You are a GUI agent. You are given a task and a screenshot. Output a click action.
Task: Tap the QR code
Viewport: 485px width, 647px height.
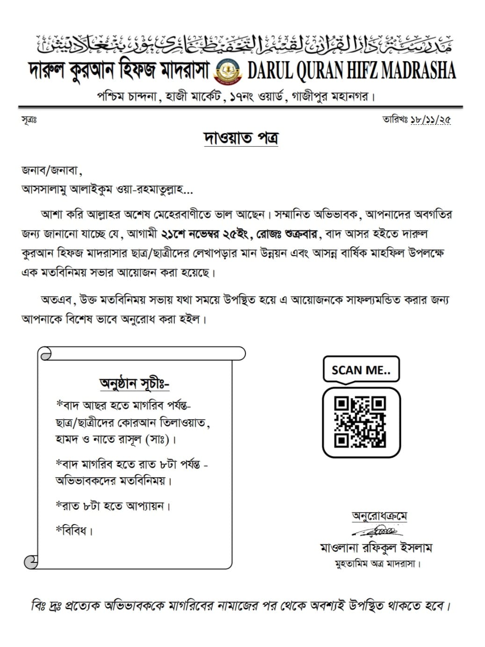360,422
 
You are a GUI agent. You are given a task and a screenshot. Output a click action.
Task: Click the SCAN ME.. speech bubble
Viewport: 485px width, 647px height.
361,370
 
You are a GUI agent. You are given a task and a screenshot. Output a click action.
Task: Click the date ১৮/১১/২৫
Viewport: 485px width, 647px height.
430,120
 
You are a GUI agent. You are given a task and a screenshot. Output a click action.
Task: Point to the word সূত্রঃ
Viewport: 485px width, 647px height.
29,120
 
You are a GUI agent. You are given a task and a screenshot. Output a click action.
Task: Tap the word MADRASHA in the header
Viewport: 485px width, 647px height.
419,71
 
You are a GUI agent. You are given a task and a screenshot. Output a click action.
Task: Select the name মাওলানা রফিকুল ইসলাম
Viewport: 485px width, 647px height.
376,547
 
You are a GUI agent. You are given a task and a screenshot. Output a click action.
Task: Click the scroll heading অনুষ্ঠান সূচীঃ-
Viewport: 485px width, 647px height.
134,383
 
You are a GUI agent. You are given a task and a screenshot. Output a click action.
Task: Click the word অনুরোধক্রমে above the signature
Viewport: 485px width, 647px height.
379,516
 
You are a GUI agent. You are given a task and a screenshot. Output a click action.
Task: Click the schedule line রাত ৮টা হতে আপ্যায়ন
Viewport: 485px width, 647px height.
113,506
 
